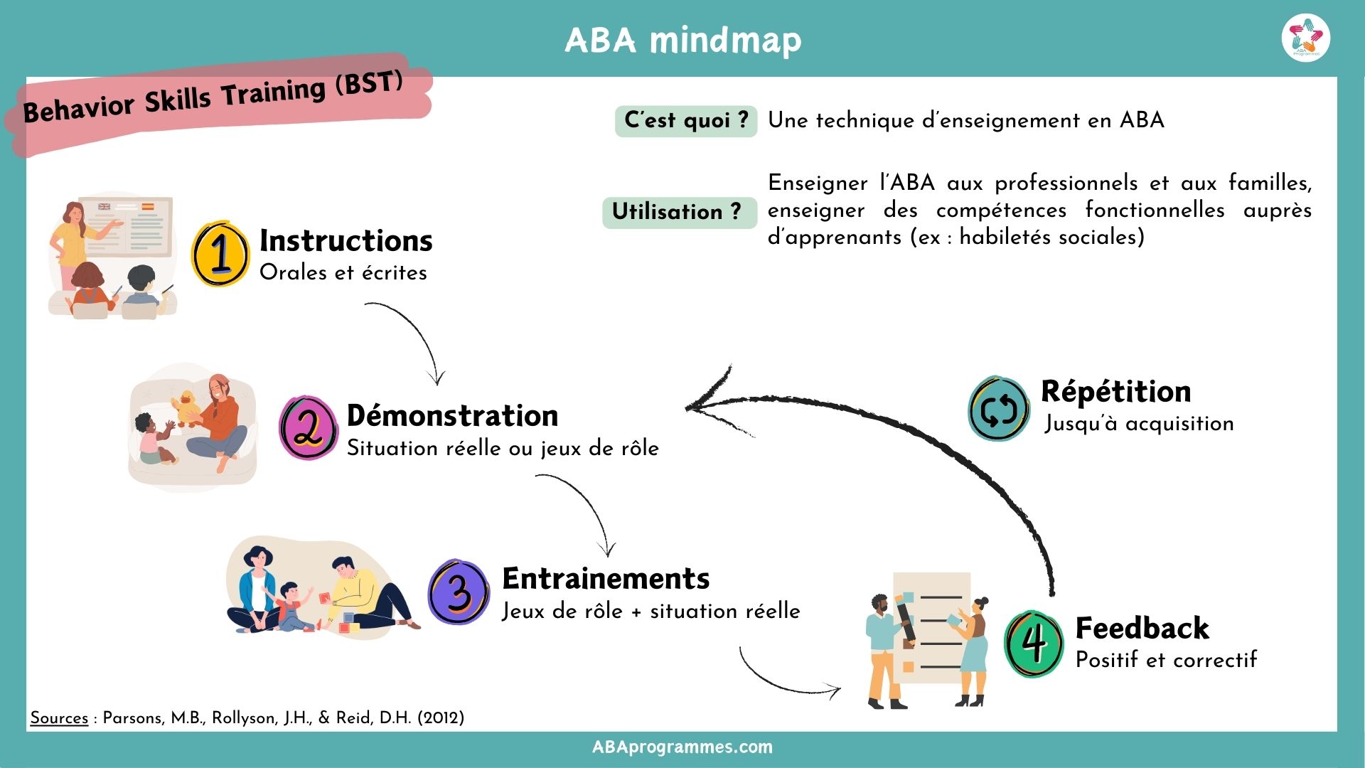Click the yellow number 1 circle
pyautogui.click(x=220, y=254)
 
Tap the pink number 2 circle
pyautogui.click(x=308, y=428)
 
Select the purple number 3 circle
pyautogui.click(x=459, y=592)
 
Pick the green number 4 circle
pyautogui.click(x=1034, y=643)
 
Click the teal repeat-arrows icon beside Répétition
pyautogui.click(x=999, y=409)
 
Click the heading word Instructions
pyautogui.click(x=346, y=240)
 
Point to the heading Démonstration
pyautogui.click(x=452, y=415)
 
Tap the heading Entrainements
pyautogui.click(x=606, y=578)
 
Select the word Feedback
pyautogui.click(x=1142, y=628)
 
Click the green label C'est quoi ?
pyautogui.click(x=686, y=120)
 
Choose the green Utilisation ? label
pyautogui.click(x=677, y=212)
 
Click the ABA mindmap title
pyautogui.click(x=682, y=40)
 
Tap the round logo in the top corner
pyautogui.click(x=1306, y=38)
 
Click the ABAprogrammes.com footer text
pyautogui.click(x=682, y=747)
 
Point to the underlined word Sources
pyautogui.click(x=59, y=718)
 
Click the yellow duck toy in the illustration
pyautogui.click(x=188, y=408)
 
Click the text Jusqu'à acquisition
pyautogui.click(x=1139, y=424)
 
